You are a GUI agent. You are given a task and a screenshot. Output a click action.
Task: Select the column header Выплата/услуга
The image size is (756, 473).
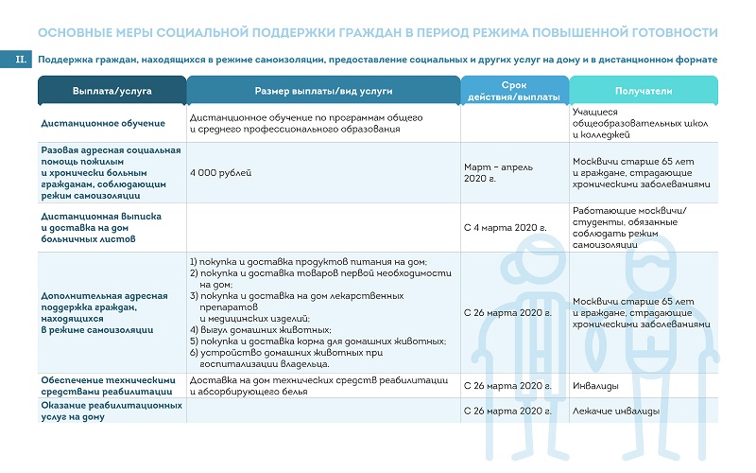[112, 91]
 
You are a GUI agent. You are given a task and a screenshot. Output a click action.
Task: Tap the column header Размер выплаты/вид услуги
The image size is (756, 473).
[323, 91]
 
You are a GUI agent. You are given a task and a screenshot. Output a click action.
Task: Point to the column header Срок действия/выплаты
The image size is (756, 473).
[514, 91]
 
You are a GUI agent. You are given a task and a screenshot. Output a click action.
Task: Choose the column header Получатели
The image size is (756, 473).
[644, 91]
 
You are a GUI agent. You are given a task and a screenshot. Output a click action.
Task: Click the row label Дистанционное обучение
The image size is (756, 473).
[103, 123]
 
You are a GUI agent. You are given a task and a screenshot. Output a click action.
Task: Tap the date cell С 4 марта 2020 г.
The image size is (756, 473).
[507, 228]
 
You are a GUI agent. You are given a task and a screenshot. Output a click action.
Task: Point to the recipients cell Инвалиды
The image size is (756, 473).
[596, 386]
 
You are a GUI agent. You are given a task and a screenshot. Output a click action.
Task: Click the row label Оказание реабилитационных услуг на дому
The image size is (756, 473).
[112, 411]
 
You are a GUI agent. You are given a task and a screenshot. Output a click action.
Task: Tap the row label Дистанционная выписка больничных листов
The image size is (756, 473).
[101, 228]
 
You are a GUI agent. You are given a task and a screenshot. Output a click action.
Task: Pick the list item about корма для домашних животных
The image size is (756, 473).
[317, 341]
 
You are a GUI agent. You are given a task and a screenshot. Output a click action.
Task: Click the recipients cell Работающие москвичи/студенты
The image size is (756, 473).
[630, 228]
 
